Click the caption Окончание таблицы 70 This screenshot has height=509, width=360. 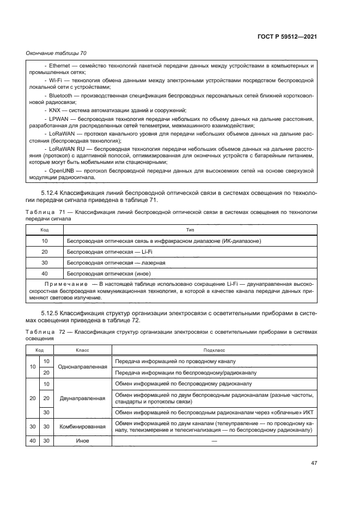point(56,53)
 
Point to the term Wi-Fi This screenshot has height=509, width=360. point(55,80)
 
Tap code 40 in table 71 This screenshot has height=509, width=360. point(45,273)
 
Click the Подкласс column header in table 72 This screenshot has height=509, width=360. point(213,351)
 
